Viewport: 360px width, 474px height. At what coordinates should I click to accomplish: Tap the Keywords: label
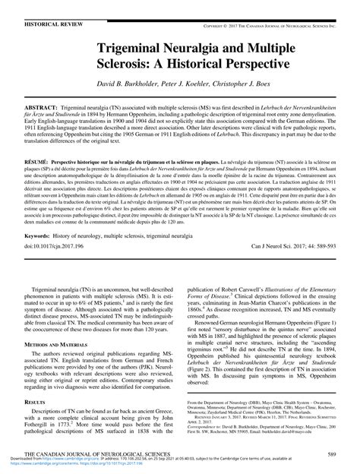(x=27, y=237)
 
